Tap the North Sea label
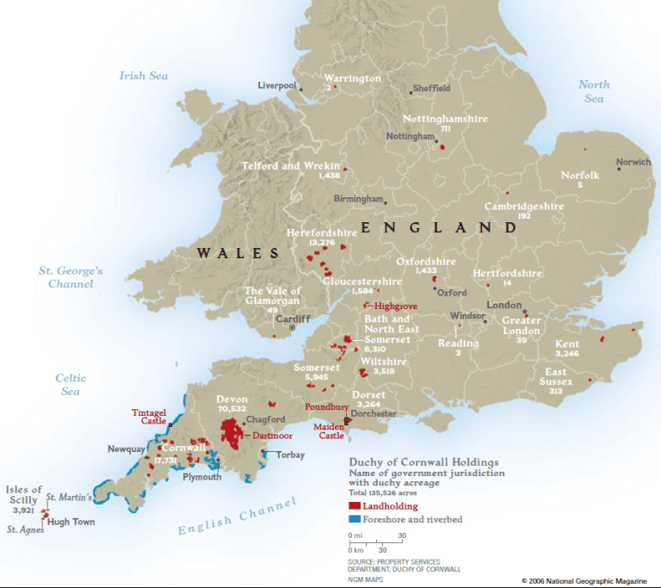[x=593, y=91]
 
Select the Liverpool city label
[x=276, y=85]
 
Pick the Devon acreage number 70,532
[x=232, y=409]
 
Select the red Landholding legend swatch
[x=355, y=506]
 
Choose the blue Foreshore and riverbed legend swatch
[x=355, y=519]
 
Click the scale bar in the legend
[x=375, y=542]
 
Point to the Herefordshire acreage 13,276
[x=320, y=243]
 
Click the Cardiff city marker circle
[x=292, y=328]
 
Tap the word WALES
[x=238, y=253]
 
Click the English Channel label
[x=237, y=516]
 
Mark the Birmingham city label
[x=357, y=199]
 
